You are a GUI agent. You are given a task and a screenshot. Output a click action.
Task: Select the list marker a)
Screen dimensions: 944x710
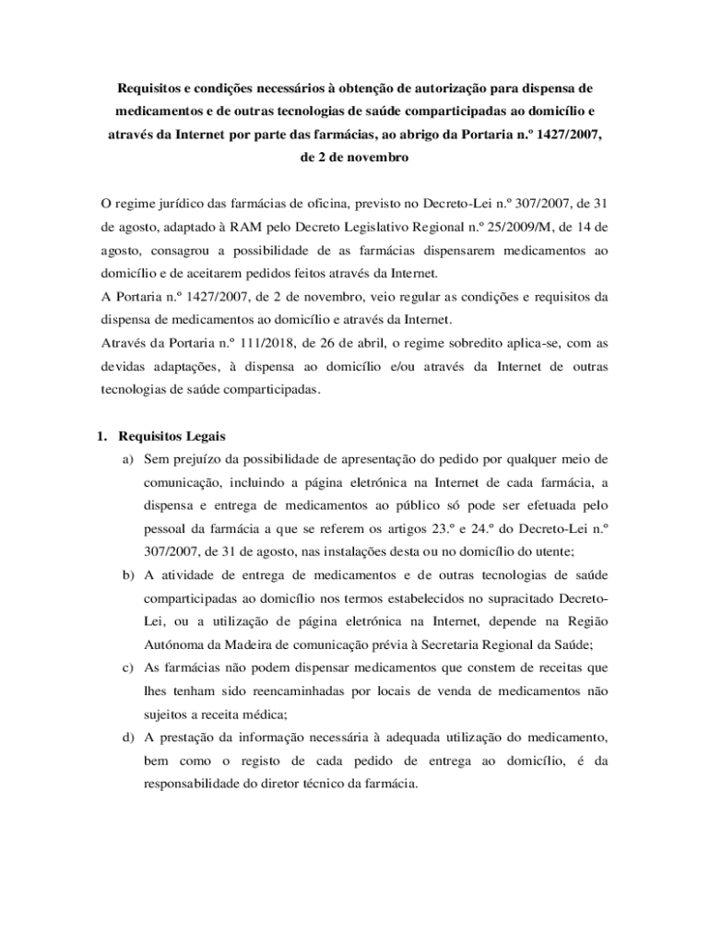(x=129, y=459)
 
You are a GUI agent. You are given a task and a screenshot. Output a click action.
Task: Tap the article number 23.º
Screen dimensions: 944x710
(x=445, y=529)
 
